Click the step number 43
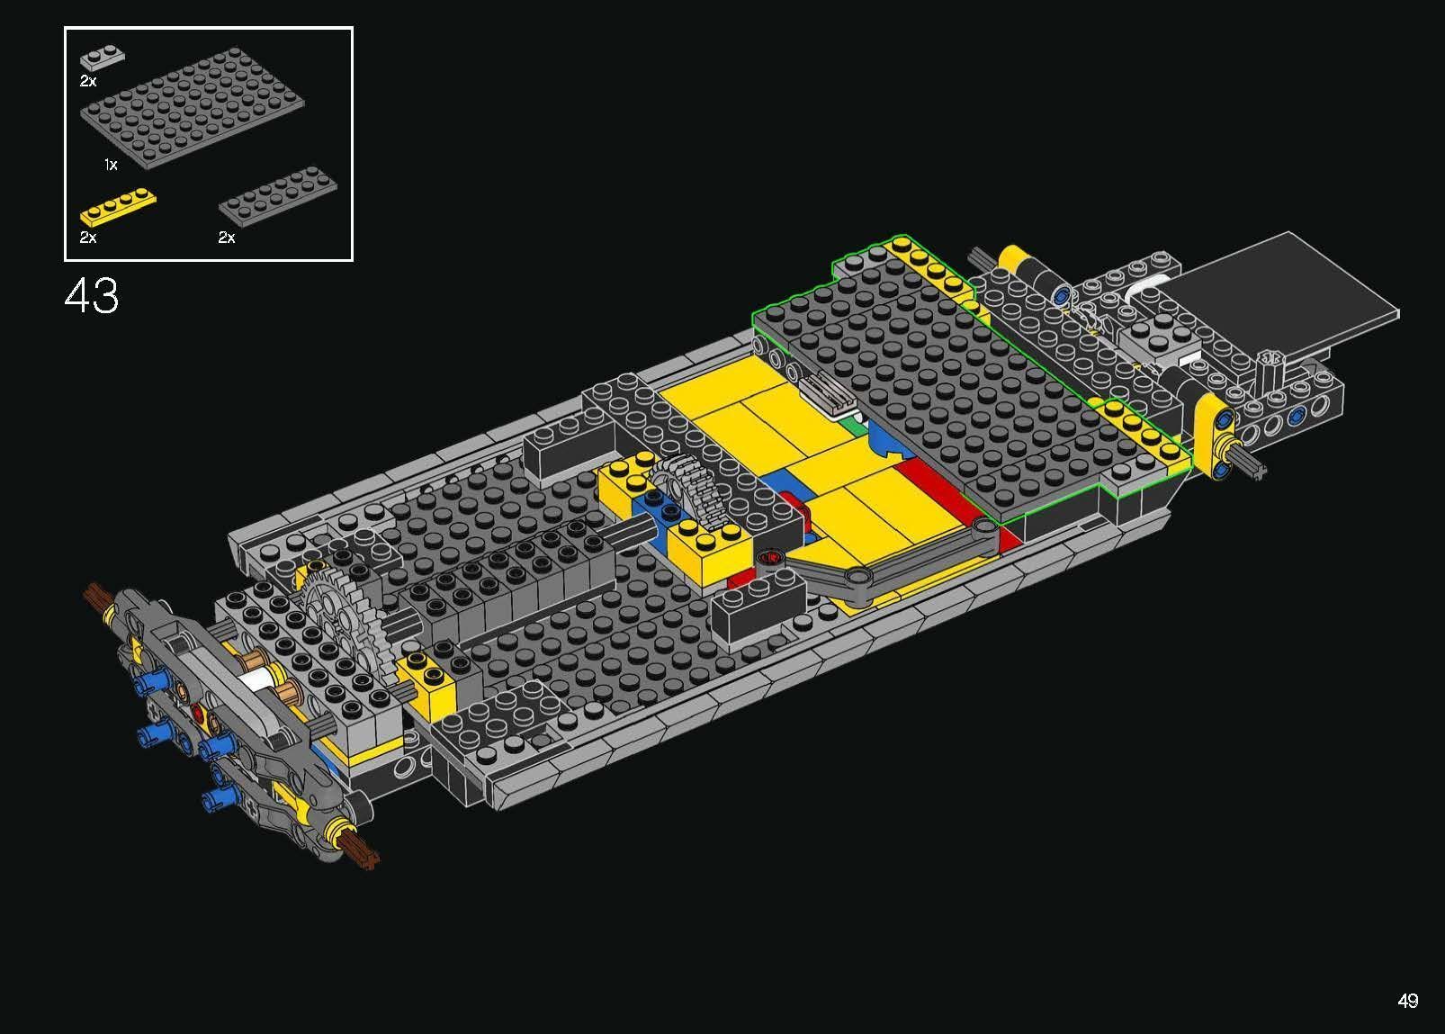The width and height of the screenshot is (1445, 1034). tap(91, 296)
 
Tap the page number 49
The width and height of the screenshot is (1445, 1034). tap(1408, 1001)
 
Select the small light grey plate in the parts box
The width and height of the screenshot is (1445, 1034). tap(102, 59)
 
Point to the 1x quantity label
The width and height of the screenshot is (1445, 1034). tap(111, 165)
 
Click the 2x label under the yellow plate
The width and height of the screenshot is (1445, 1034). tap(87, 238)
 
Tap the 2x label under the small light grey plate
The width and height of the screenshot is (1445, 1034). tap(87, 81)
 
